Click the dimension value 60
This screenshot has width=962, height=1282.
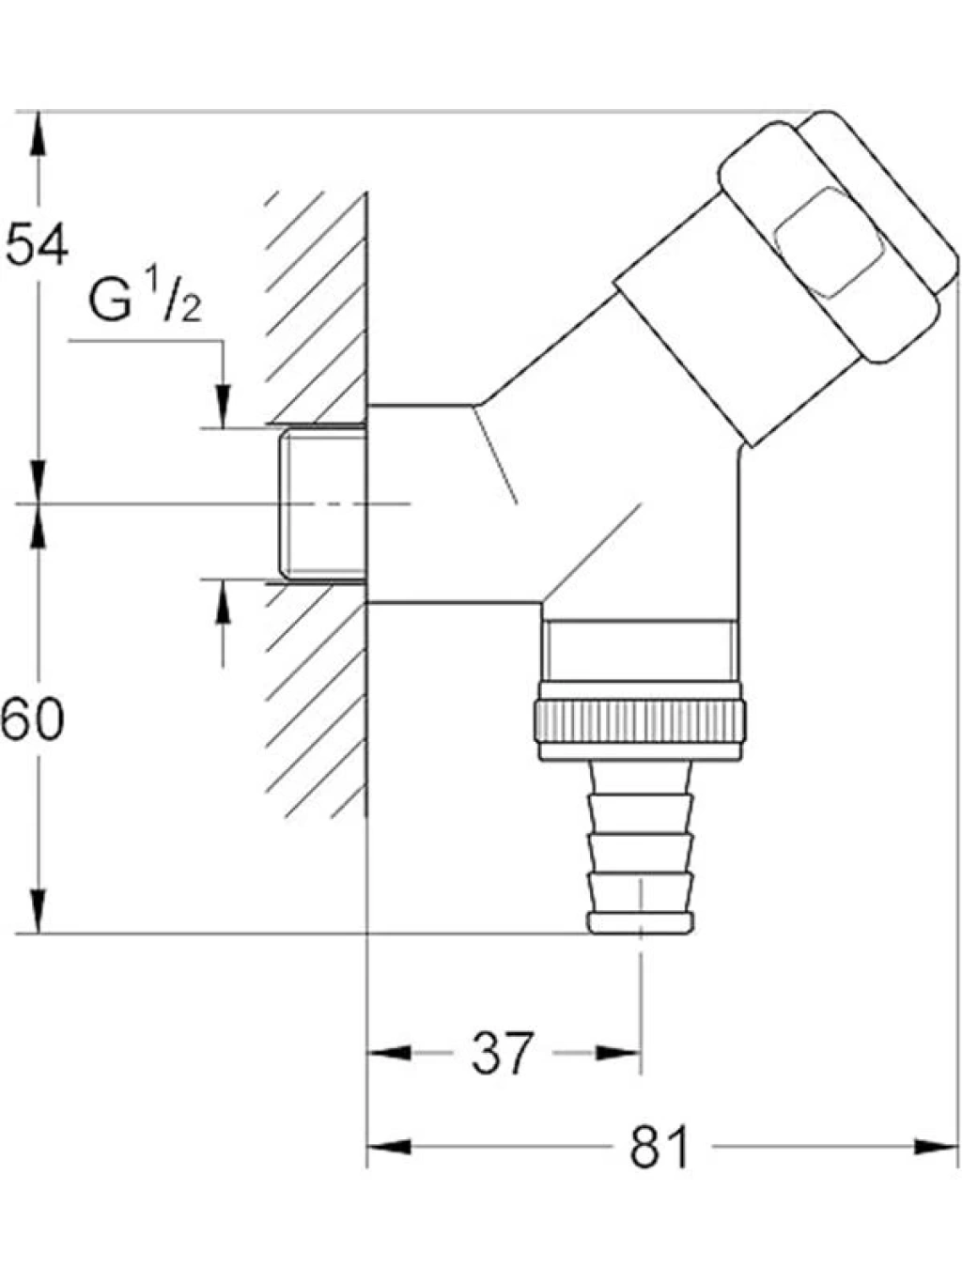click(32, 719)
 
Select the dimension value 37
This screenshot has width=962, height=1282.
click(503, 1053)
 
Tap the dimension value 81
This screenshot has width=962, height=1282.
click(660, 1147)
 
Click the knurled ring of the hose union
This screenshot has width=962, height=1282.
click(640, 720)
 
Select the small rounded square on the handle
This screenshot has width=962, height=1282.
click(829, 243)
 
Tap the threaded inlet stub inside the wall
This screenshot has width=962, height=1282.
click(322, 503)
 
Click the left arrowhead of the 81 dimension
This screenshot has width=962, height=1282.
click(388, 1147)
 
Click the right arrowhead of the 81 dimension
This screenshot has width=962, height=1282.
click(937, 1147)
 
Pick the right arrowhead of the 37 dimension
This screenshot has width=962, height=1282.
click(618, 1053)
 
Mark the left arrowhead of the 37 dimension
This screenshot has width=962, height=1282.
click(389, 1053)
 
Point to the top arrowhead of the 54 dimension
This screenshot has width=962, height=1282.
click(38, 133)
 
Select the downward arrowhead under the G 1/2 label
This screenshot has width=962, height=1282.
click(223, 407)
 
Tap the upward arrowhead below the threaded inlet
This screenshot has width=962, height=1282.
click(223, 602)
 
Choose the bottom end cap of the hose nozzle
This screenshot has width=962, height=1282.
click(641, 923)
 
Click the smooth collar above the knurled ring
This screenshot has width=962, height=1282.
click(640, 650)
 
